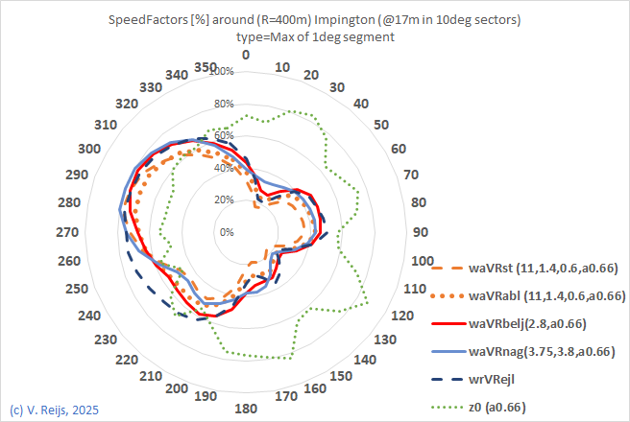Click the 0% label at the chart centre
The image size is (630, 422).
[227, 232]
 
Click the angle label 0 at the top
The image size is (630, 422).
[246, 56]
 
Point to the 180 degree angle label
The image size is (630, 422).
[246, 410]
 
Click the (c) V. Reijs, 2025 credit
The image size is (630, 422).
[54, 410]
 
